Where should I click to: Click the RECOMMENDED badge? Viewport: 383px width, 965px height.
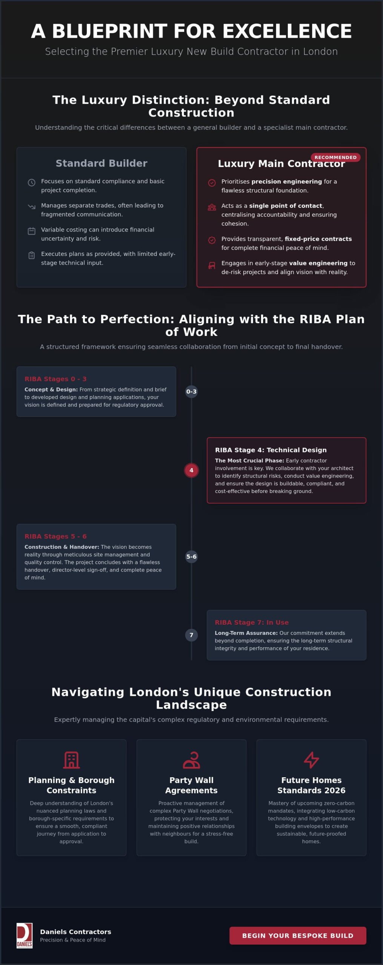pos(335,157)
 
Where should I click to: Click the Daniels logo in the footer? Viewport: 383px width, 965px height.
pos(25,935)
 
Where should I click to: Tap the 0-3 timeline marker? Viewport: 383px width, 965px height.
pos(191,391)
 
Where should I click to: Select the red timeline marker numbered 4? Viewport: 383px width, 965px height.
pos(191,470)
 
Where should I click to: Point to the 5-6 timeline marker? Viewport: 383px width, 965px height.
pos(191,556)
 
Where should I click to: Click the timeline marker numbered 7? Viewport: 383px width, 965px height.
pos(191,635)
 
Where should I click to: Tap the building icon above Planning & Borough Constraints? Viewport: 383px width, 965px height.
pos(71,760)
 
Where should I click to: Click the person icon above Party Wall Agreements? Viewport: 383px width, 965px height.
pos(191,760)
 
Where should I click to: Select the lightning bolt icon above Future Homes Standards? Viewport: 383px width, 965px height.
pos(311,760)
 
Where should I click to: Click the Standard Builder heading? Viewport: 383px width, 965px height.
pos(102,163)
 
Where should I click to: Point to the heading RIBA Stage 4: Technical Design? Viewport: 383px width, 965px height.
pos(271,450)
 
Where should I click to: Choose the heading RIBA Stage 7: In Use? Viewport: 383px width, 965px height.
pos(252,622)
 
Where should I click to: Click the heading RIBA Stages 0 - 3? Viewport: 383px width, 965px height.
pos(55,379)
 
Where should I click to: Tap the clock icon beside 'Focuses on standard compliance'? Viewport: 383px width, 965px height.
pos(32,182)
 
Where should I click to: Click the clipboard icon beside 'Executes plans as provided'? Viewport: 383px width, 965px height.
pos(32,255)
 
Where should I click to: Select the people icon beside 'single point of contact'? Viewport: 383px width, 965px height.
pos(212,207)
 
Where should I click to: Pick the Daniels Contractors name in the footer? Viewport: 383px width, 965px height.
pos(76,932)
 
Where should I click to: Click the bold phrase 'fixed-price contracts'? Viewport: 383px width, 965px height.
pos(318,239)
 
